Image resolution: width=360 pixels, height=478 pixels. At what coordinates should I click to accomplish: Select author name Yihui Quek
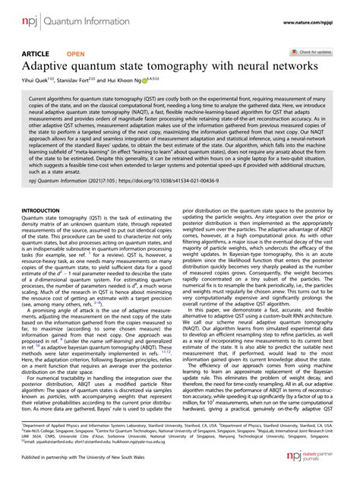click(36, 81)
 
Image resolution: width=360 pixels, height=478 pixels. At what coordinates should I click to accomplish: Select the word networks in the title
click(293, 67)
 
